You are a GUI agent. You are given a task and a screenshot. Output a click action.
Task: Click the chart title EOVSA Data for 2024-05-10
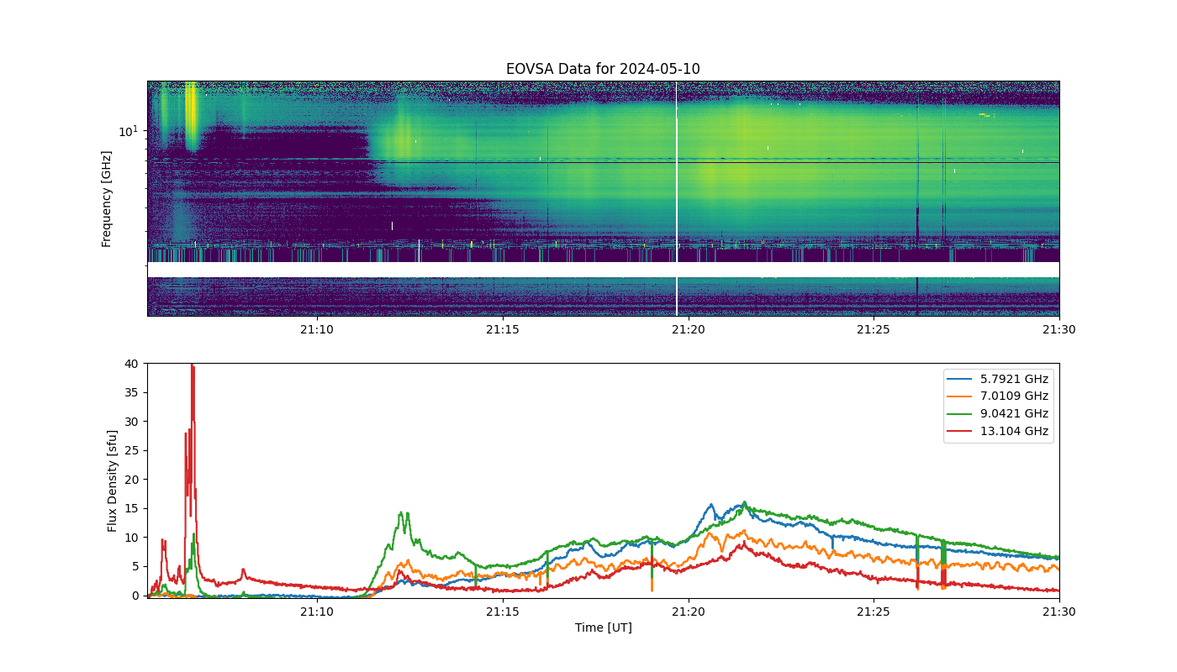point(603,69)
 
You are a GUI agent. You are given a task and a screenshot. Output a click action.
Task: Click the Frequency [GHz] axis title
point(106,199)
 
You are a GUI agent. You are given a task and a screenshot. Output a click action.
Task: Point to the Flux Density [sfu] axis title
point(112,480)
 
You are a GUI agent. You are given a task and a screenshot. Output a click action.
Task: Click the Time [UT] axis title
point(604,627)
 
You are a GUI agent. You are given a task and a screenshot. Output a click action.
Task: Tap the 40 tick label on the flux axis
point(131,364)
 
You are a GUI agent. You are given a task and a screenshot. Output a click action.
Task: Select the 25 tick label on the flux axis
point(131,450)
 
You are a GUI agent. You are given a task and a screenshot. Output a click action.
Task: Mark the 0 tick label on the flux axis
point(135,596)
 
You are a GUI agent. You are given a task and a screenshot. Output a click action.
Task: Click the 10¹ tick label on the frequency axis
point(129,131)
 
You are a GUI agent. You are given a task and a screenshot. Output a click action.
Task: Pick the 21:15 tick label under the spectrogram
point(503,329)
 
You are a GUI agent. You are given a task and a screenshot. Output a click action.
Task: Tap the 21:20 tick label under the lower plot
point(689,612)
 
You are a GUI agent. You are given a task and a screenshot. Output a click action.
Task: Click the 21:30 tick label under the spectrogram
point(1058,329)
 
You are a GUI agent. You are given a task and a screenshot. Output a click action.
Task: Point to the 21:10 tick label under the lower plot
point(317,612)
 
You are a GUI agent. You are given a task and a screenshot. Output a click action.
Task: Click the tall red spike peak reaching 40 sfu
point(193,365)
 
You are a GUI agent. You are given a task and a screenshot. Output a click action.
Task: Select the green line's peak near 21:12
point(401,512)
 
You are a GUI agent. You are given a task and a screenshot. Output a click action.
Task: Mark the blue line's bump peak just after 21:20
point(711,505)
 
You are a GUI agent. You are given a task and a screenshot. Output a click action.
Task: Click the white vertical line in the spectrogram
point(676,198)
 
